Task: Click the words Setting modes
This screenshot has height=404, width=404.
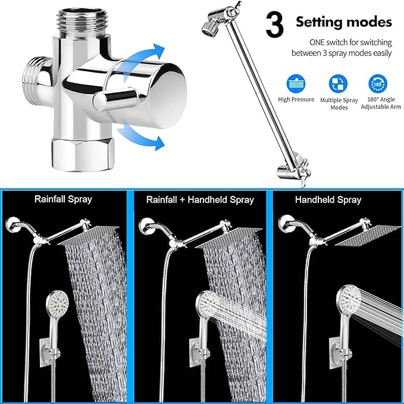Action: pos(344,23)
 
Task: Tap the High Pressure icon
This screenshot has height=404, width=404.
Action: pos(296,82)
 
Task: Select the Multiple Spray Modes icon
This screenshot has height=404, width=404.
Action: pos(339,82)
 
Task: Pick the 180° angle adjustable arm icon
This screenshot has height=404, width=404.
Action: pos(376,82)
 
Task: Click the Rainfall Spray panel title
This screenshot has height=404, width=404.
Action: pos(63,199)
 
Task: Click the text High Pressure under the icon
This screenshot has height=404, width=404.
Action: pos(296,99)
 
